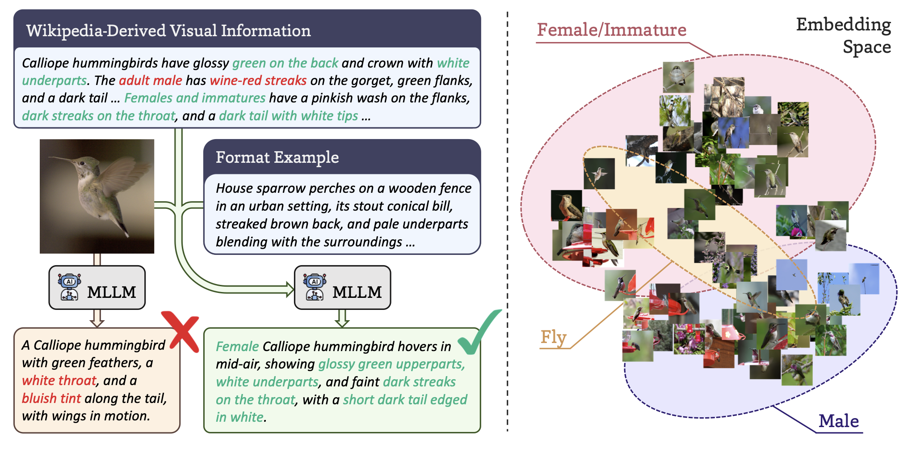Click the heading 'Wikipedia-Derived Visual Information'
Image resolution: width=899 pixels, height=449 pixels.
pos(168,30)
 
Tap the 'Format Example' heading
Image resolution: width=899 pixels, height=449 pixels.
pos(277,157)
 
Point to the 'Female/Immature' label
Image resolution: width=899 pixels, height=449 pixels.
pos(611,30)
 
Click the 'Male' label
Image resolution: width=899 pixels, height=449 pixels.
pos(838,421)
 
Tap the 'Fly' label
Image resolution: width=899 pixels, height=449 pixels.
pos(553,337)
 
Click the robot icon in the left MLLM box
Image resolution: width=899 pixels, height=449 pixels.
pos(69,287)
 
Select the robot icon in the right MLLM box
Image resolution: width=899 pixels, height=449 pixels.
pos(315,287)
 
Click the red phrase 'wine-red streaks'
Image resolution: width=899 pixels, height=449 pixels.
pos(258,80)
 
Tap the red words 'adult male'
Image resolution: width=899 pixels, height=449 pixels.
pos(151,80)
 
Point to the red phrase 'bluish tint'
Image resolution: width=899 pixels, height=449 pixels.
pos(51,398)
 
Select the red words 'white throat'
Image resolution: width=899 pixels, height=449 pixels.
pos(59,381)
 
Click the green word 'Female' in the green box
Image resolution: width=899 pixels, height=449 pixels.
pos(237,347)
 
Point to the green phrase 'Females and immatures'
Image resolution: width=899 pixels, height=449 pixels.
pos(195,98)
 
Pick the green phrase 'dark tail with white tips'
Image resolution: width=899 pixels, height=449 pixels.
pos(288,116)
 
